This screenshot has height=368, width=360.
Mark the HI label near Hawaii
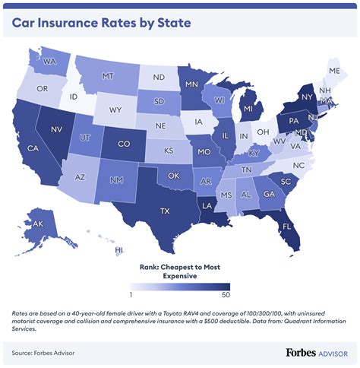tap(119, 249)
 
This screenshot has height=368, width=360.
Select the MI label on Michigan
tap(248, 110)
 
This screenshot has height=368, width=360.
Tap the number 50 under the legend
tap(225, 294)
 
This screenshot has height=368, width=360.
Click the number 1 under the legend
tap(132, 294)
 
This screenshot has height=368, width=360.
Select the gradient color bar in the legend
tap(178, 286)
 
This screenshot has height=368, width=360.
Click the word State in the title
tap(172, 24)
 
